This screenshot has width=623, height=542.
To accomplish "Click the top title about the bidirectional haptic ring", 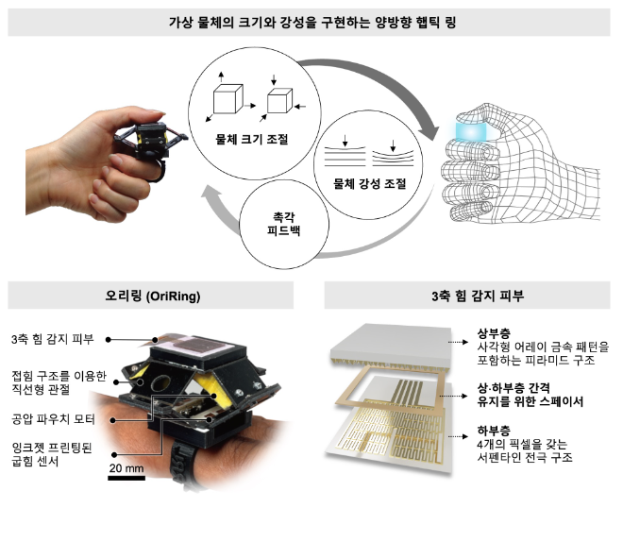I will [311, 21].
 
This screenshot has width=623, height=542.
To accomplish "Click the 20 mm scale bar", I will [126, 477].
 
